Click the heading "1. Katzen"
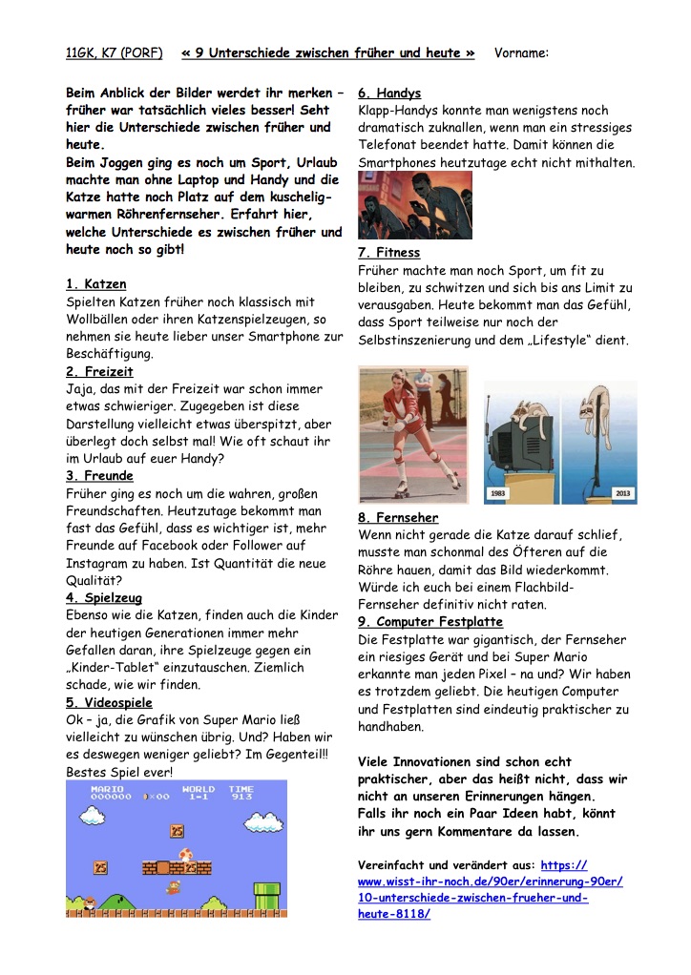(95, 283)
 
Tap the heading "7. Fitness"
(388, 253)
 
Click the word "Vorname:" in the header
(521, 53)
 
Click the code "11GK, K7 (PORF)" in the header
(114, 53)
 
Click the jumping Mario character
(173, 887)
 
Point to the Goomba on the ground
(90, 902)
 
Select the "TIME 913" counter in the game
(241, 794)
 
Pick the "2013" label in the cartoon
(621, 493)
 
